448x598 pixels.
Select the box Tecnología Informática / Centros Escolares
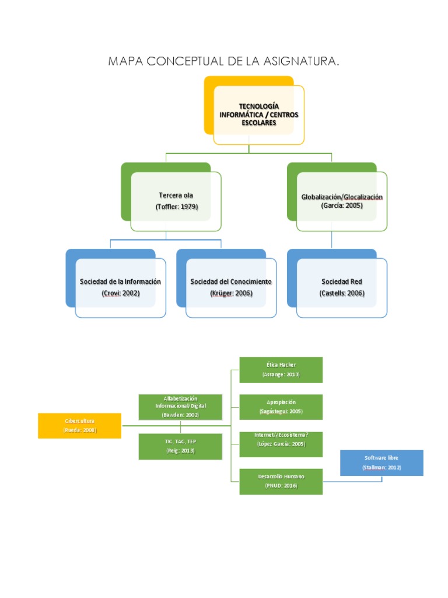pos(258,115)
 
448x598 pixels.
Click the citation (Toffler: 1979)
pos(176,207)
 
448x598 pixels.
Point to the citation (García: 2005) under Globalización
pos(341,206)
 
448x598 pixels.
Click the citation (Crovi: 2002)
pos(120,293)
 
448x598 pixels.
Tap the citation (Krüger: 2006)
pos(231,293)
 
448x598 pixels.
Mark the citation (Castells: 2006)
pos(342,293)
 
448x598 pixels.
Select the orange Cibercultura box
pos(80,426)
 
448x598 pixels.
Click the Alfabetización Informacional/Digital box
pos(180,406)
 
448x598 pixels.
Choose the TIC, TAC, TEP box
pos(180,446)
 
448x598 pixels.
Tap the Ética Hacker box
pos(281,370)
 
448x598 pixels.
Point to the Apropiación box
pos(281,406)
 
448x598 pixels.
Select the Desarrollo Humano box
pos(281,481)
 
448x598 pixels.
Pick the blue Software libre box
pos(381,463)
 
